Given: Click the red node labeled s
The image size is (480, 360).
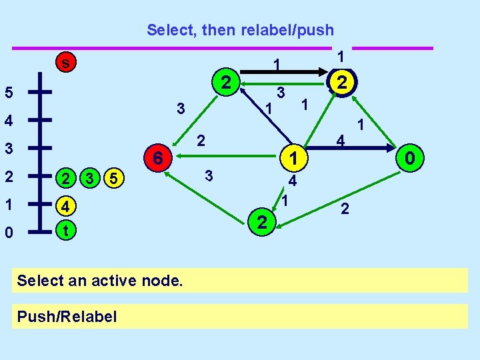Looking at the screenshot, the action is pyautogui.click(x=66, y=62).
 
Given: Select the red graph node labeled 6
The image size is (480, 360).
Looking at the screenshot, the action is pyautogui.click(x=158, y=158).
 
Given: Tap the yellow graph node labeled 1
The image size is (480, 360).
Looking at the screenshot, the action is pyautogui.click(x=293, y=158).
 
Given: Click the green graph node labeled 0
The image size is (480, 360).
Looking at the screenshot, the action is pyautogui.click(x=410, y=158).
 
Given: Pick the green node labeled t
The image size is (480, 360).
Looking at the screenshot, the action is pyautogui.click(x=66, y=230).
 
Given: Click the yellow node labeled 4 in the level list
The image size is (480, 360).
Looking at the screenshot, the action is pyautogui.click(x=66, y=206).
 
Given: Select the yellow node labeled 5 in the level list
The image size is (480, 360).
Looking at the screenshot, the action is pyautogui.click(x=114, y=178).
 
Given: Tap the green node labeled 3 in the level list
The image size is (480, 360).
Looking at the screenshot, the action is pyautogui.click(x=90, y=178).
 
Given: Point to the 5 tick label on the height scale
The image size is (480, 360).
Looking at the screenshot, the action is pyautogui.click(x=9, y=92).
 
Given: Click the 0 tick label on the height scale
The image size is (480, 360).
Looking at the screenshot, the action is pyautogui.click(x=9, y=233).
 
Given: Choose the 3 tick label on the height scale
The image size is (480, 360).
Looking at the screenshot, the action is pyautogui.click(x=9, y=149).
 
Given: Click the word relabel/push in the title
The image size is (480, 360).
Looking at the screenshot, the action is pyautogui.click(x=287, y=30).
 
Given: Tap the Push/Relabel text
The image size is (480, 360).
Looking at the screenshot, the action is pyautogui.click(x=67, y=316).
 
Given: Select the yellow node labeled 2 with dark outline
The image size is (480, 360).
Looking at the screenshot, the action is pyautogui.click(x=342, y=82).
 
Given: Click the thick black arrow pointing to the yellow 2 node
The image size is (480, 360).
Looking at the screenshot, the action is pyautogui.click(x=284, y=72).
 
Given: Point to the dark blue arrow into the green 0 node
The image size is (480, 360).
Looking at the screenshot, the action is pyautogui.click(x=351, y=148).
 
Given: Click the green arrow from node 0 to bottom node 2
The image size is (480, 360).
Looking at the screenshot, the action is pyautogui.click(x=338, y=200).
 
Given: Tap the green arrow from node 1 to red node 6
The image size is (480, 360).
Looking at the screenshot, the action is pyautogui.click(x=226, y=156).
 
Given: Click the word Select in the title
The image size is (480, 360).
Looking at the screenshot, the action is pyautogui.click(x=170, y=30).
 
